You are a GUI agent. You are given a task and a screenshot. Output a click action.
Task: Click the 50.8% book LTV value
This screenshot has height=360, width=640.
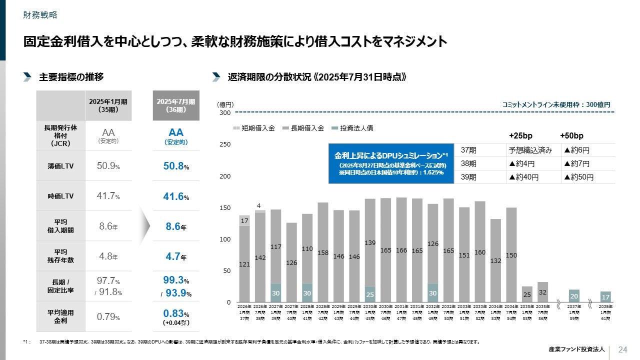point(175,166)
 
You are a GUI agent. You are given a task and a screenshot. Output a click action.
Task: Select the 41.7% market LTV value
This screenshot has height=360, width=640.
point(107,196)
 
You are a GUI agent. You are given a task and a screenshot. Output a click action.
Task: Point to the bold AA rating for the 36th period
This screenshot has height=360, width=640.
point(175,132)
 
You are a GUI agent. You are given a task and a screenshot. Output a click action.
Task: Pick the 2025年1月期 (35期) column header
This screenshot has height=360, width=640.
point(107,105)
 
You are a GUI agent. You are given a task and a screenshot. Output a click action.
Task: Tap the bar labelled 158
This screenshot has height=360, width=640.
point(323,252)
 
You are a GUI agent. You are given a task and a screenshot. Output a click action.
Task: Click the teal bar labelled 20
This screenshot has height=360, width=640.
point(574,295)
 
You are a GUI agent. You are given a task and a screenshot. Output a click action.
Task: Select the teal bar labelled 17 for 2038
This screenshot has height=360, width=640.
point(605,296)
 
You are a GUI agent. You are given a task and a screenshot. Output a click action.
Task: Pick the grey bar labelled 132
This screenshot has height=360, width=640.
point(495,260)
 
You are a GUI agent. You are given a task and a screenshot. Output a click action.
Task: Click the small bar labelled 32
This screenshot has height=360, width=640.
point(543,292)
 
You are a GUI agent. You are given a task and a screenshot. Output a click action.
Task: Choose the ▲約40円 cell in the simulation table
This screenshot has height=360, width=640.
point(523,177)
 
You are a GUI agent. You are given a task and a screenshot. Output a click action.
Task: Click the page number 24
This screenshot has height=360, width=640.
point(623,349)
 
